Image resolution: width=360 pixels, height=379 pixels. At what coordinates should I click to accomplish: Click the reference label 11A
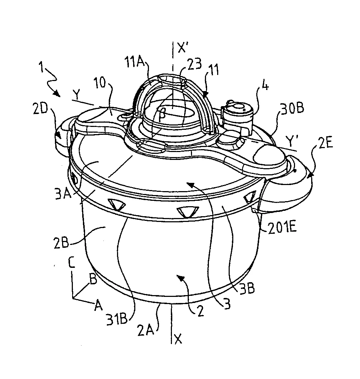click(135, 63)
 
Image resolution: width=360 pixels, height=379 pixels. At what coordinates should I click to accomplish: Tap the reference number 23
click(194, 64)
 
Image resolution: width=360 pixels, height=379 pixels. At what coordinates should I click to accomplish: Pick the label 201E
click(282, 227)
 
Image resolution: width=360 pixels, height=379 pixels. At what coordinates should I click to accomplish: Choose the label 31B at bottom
click(117, 319)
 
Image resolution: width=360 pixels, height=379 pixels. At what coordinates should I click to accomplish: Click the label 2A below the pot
click(146, 330)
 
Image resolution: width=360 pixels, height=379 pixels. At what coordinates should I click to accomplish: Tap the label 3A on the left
click(64, 194)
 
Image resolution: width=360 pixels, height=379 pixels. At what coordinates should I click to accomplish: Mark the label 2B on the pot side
click(61, 243)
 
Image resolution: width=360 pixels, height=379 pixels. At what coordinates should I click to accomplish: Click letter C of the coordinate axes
click(72, 263)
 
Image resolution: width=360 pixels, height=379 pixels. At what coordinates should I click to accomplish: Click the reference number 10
click(99, 83)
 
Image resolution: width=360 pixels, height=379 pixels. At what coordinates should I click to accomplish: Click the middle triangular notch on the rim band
click(188, 212)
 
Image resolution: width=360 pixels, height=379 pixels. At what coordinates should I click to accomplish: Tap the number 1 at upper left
click(42, 67)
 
